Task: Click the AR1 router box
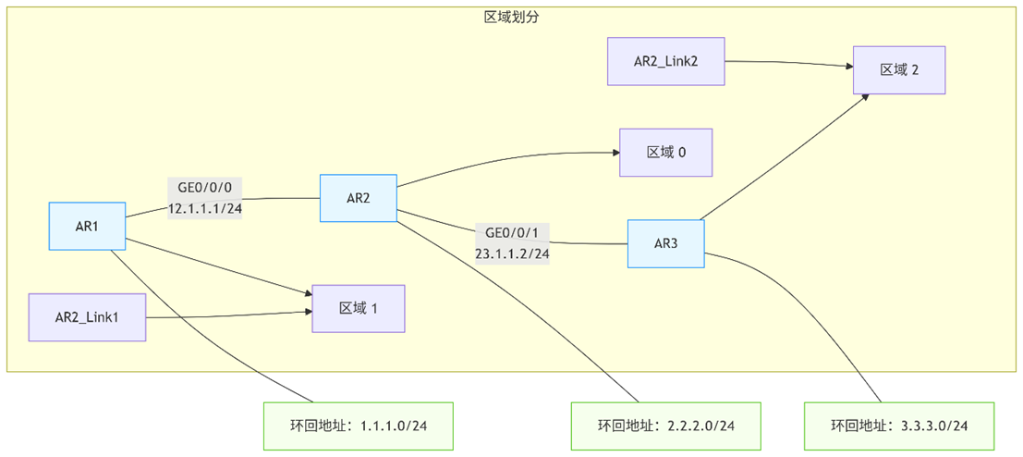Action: pos(87,226)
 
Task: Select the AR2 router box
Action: pos(359,198)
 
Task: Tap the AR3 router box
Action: pos(665,243)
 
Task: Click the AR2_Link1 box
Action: pos(87,317)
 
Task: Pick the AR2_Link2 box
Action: pos(665,62)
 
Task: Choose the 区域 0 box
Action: pos(665,153)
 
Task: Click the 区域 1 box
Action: pos(359,308)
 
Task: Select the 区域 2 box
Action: pos(899,69)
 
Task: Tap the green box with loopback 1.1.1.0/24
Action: pos(359,426)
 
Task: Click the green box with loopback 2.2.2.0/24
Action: pos(665,426)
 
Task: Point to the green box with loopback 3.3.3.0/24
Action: pos(899,426)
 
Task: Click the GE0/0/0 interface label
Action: pos(205,188)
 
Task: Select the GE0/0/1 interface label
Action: pos(512,232)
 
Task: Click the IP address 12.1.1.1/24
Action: pos(205,208)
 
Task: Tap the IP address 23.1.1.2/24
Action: pos(512,253)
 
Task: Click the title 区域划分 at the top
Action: pos(511,18)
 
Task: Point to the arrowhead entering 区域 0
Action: pos(614,154)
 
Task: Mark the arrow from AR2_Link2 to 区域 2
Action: pos(790,63)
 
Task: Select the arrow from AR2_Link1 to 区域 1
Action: pos(231,315)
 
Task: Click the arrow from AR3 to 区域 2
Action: pos(786,157)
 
